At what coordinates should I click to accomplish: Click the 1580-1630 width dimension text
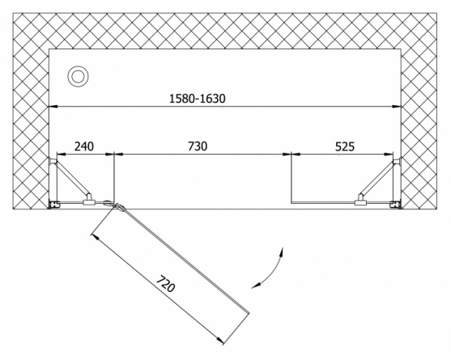pyautogui.click(x=198, y=99)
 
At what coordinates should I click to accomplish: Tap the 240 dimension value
pyautogui.click(x=84, y=146)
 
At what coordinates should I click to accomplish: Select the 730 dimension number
pyautogui.click(x=198, y=146)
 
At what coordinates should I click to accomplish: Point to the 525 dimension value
pyautogui.click(x=345, y=146)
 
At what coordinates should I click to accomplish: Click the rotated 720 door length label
pyautogui.click(x=166, y=284)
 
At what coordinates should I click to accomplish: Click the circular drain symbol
pyautogui.click(x=78, y=76)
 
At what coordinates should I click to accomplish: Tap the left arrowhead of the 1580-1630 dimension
pyautogui.click(x=53, y=107)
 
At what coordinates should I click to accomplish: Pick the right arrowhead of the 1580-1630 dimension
pyautogui.click(x=397, y=107)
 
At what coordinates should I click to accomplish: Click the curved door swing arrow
pyautogui.click(x=272, y=270)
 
